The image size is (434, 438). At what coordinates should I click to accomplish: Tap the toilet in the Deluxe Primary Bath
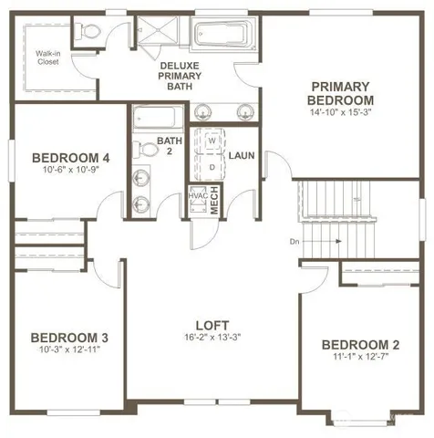[x=88, y=33]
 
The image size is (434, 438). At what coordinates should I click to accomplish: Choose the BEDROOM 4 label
[x=57, y=155]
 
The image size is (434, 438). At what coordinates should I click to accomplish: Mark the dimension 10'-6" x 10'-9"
[x=57, y=169]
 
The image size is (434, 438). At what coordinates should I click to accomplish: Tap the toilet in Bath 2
[x=143, y=149]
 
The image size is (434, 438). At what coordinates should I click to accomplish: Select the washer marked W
[x=212, y=141]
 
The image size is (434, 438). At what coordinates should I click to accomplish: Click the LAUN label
[x=242, y=156]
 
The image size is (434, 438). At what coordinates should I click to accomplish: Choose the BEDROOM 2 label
[x=360, y=344]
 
